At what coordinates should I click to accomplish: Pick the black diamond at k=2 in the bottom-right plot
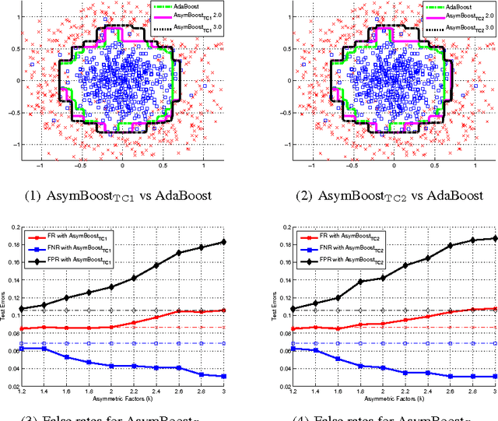[383, 278]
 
